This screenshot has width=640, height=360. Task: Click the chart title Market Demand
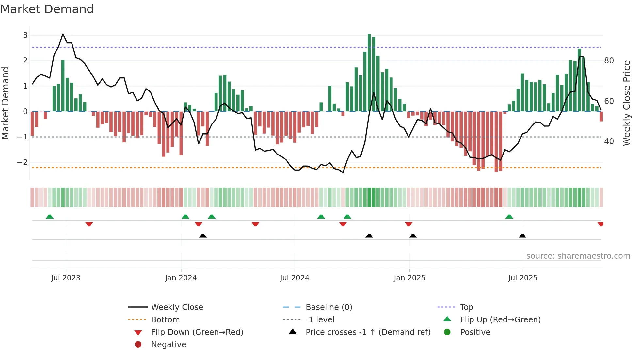(47, 9)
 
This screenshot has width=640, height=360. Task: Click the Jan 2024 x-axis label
(181, 278)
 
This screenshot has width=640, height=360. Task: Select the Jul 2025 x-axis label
(522, 278)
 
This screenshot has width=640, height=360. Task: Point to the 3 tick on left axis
(25, 35)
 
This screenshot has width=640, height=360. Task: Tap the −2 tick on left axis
(22, 162)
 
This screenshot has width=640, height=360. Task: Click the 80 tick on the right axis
(609, 61)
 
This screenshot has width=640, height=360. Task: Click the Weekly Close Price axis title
(626, 103)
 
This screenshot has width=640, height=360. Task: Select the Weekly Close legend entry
(177, 307)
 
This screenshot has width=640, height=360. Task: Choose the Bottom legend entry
(165, 320)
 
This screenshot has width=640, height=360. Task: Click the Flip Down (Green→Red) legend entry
(197, 332)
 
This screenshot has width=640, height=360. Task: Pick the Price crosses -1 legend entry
(368, 332)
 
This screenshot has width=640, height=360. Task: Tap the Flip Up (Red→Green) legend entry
(500, 320)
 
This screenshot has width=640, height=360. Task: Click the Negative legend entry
(168, 345)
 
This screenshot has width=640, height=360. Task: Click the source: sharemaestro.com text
(578, 256)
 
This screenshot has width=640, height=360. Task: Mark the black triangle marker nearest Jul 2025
(522, 236)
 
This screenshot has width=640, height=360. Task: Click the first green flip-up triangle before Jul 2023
(50, 217)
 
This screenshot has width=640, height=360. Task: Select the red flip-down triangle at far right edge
(600, 224)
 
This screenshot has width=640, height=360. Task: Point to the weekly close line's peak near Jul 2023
(63, 34)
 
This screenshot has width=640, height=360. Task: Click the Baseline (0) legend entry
(328, 307)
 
